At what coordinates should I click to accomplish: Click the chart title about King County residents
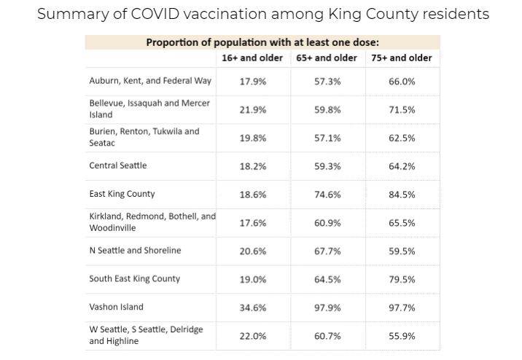tap(262, 14)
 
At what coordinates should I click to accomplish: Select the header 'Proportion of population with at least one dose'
tap(262, 42)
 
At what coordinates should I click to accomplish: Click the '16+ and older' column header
tap(252, 58)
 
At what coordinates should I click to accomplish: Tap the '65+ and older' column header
tap(327, 58)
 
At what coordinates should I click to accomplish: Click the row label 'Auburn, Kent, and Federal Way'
tap(150, 81)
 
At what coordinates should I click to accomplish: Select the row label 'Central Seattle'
tap(118, 165)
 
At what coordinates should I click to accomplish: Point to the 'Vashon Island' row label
tap(117, 307)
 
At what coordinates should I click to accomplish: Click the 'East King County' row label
tap(122, 194)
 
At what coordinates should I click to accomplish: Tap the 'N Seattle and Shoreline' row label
tap(135, 251)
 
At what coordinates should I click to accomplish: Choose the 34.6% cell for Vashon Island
tap(253, 308)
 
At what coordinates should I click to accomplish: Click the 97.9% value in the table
tap(327, 308)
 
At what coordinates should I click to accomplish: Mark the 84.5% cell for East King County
tap(402, 195)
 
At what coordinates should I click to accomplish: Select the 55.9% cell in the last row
tap(402, 336)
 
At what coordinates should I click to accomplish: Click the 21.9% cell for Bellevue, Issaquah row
tap(253, 109)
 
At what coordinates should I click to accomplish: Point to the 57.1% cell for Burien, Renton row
tap(327, 138)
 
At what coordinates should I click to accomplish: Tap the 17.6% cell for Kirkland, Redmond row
tap(253, 223)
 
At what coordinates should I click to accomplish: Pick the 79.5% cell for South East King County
tap(402, 279)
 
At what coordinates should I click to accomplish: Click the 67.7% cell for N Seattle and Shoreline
tap(327, 251)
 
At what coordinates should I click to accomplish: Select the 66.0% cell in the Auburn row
tap(402, 82)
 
